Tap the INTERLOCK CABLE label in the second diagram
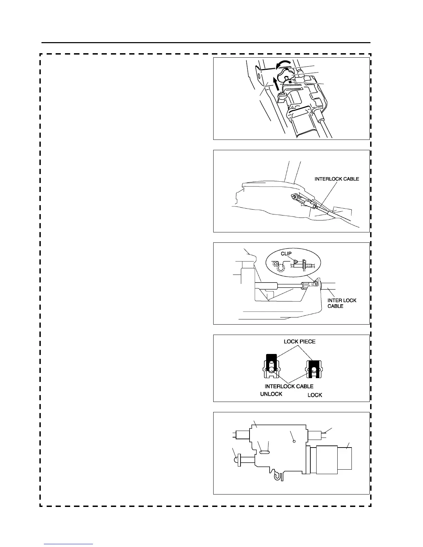[x=337, y=179]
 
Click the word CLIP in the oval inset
[x=286, y=253]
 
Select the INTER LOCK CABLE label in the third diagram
[x=341, y=303]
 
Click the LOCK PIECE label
[x=299, y=342]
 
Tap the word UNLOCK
[x=271, y=394]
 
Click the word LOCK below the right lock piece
[x=314, y=395]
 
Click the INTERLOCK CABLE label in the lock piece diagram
[x=289, y=386]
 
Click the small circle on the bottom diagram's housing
[x=293, y=441]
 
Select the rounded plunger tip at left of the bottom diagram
[x=237, y=460]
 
